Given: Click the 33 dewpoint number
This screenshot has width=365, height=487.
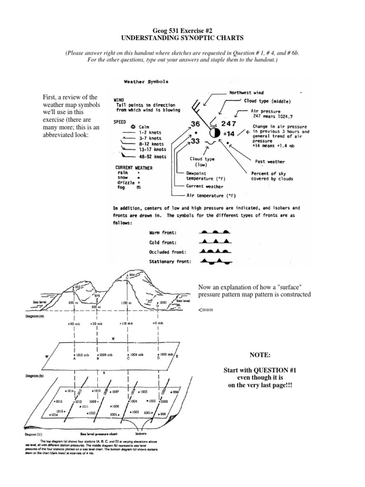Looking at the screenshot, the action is (x=195, y=141).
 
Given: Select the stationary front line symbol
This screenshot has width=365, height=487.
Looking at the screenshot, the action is (x=216, y=261).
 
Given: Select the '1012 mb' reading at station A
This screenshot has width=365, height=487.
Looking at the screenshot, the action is (x=82, y=354).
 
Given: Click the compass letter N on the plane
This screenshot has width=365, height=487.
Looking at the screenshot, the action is (x=113, y=339).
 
